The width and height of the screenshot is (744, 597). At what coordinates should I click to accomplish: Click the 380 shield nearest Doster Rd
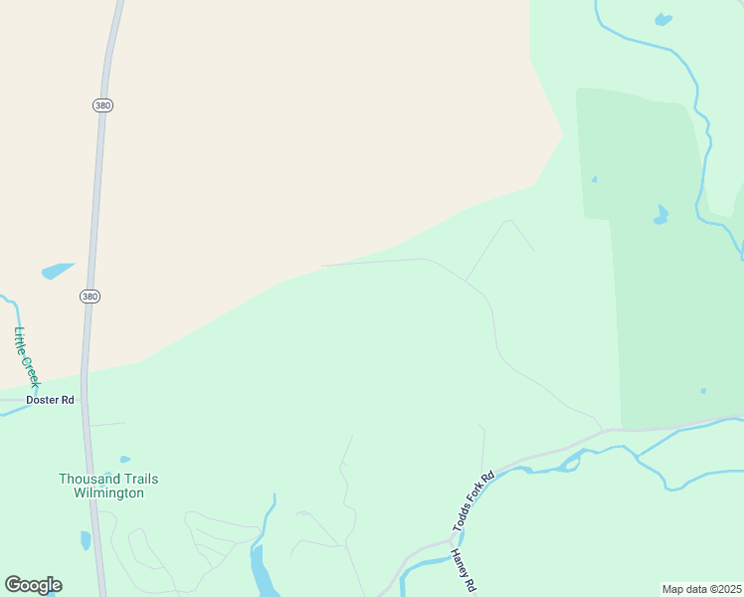[x=91, y=297]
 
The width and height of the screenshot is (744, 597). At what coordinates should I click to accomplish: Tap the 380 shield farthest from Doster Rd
[x=102, y=104]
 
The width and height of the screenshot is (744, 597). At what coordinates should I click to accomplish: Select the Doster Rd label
[x=50, y=400]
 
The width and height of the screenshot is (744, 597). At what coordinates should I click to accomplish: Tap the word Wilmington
[x=108, y=493]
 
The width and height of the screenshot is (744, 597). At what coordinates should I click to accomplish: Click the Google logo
[x=33, y=585]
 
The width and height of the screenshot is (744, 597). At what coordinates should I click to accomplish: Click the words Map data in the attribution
[x=683, y=589]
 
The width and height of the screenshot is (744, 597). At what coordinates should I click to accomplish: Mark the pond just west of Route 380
[x=57, y=271]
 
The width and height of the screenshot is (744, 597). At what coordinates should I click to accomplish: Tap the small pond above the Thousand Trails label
[x=124, y=460]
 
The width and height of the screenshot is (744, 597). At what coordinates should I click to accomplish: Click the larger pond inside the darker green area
[x=661, y=216]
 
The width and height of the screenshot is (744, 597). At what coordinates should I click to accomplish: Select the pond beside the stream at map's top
[x=663, y=19]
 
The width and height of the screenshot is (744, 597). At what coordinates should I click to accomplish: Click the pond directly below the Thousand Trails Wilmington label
[x=86, y=540]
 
